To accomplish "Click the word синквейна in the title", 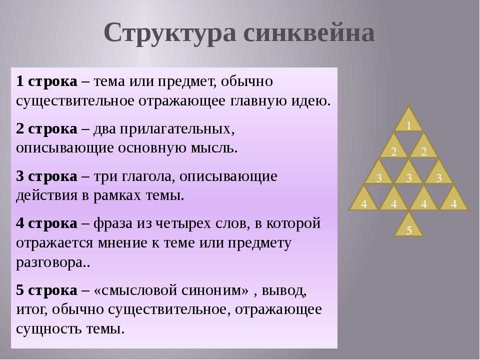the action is [309, 32].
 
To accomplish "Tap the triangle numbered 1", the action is [408, 119].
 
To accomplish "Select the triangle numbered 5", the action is [408, 225].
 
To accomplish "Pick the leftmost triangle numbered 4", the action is [363, 198].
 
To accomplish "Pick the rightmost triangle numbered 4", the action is [453, 198].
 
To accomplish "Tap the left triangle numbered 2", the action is [393, 145].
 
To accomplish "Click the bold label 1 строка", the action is [46, 81].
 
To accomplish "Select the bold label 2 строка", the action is [46, 129].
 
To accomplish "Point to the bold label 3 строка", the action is [46, 176].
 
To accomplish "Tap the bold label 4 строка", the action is [46, 223].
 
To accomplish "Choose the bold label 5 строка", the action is [46, 290].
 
